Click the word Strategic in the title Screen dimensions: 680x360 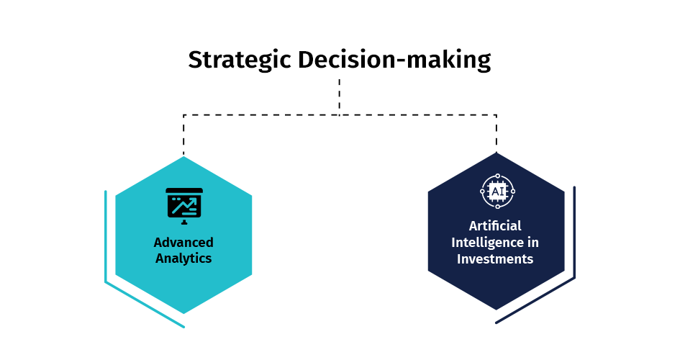(x=240, y=60)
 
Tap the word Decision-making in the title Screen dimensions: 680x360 (x=394, y=60)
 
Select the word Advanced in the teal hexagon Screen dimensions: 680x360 (x=183, y=242)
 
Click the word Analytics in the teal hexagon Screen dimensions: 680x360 (x=183, y=258)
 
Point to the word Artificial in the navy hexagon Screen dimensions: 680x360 (x=495, y=225)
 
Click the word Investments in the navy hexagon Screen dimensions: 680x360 (x=495, y=259)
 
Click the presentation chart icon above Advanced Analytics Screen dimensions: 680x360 (x=184, y=206)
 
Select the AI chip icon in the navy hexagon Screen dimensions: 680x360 (x=497, y=192)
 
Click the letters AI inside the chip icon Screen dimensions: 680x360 (x=497, y=192)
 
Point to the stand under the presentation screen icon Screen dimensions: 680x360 (x=184, y=222)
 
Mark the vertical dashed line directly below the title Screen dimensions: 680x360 (x=339, y=97)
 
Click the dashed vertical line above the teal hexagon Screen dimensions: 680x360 (x=183, y=135)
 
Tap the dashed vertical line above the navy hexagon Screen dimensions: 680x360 (x=496, y=132)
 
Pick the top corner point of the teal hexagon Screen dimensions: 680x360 (x=183, y=156)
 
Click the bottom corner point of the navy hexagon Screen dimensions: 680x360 (x=496, y=310)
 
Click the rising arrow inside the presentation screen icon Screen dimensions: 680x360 (x=183, y=205)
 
